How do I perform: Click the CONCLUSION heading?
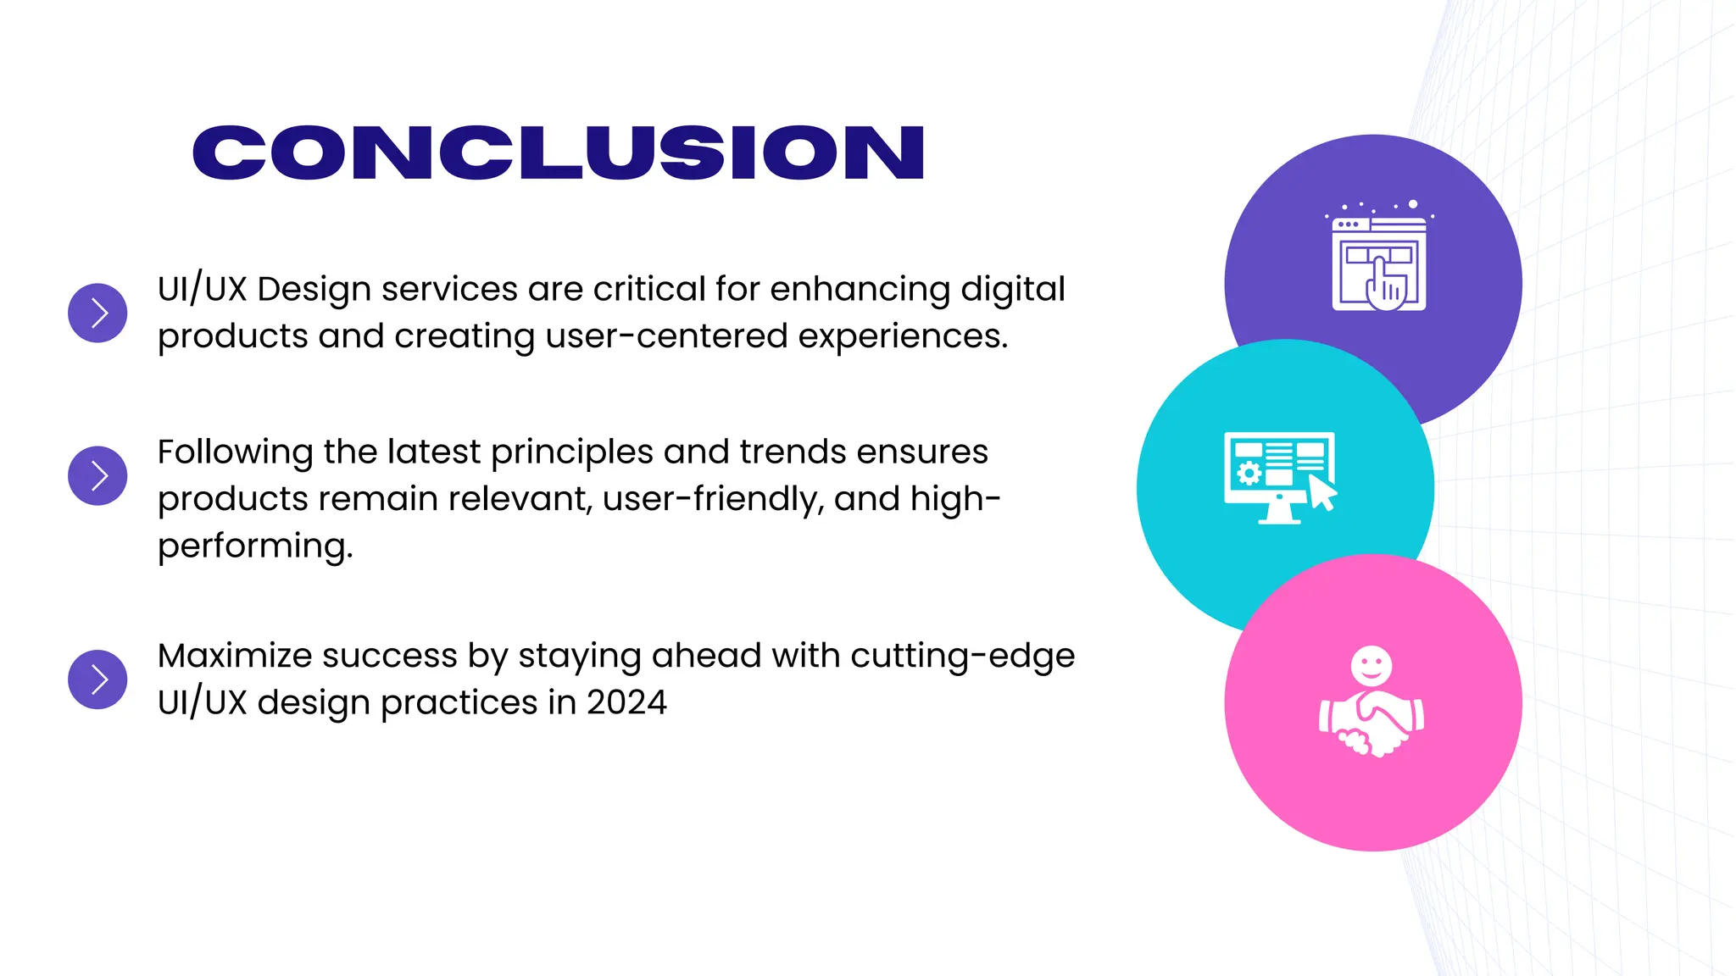tap(558, 152)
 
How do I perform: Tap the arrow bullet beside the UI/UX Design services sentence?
tap(97, 313)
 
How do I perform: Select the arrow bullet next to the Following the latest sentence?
tap(97, 475)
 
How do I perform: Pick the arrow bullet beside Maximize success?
tap(97, 679)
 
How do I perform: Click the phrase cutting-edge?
tap(962, 656)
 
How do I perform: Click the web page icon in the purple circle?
tap(1378, 263)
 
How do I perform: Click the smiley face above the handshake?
tap(1371, 665)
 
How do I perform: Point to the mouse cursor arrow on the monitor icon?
tap(1322, 493)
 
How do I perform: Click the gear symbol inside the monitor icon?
tap(1249, 472)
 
